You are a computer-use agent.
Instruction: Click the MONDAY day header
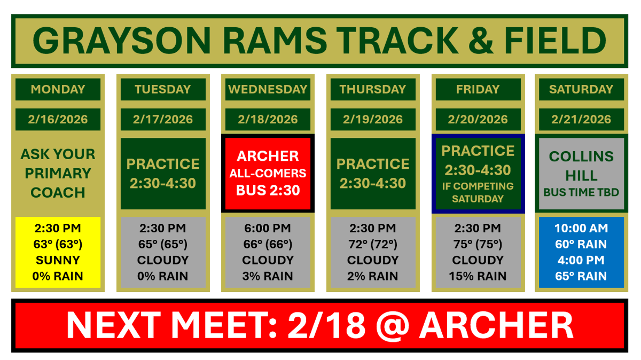pyautogui.click(x=58, y=89)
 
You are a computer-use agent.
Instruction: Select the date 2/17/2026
pyautogui.click(x=163, y=119)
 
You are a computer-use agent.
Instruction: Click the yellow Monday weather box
pyautogui.click(x=58, y=252)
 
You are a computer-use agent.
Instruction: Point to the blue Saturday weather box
pyautogui.click(x=581, y=252)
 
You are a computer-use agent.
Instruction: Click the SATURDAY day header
pyautogui.click(x=581, y=89)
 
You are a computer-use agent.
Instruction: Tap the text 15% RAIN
pyautogui.click(x=478, y=276)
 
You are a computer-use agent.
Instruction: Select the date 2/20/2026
pyautogui.click(x=478, y=119)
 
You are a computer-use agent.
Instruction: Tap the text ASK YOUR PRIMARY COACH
pyautogui.click(x=58, y=173)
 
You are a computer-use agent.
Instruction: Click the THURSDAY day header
pyautogui.click(x=373, y=89)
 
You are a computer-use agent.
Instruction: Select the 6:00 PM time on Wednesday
pyautogui.click(x=268, y=228)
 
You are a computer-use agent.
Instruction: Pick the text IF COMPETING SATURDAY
pyautogui.click(x=478, y=192)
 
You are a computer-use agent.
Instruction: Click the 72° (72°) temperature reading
pyautogui.click(x=373, y=244)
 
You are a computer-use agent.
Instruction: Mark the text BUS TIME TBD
pyautogui.click(x=581, y=192)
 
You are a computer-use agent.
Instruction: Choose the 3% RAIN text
pyautogui.click(x=268, y=276)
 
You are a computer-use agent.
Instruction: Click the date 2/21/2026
pyautogui.click(x=581, y=119)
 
